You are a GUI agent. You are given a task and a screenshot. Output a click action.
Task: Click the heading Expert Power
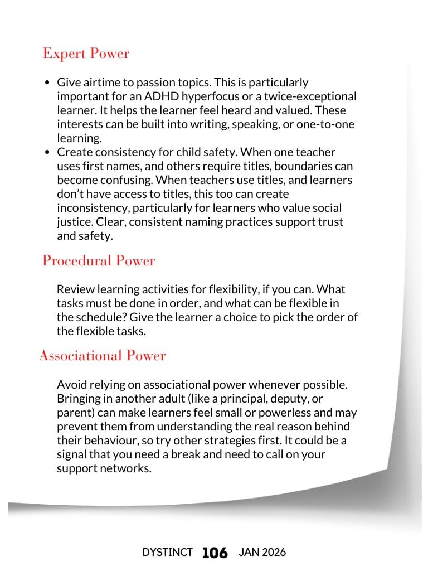tap(86, 54)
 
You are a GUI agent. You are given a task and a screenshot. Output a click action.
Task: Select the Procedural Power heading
tap(99, 261)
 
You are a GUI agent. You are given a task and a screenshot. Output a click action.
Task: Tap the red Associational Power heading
tap(103, 356)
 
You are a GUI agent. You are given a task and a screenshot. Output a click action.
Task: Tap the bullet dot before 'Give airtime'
tap(47, 83)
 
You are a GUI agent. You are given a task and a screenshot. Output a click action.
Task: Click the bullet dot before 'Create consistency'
tap(47, 152)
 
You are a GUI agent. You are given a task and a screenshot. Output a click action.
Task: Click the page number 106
tap(215, 553)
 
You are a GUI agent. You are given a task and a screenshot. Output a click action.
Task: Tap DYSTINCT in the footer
tap(168, 553)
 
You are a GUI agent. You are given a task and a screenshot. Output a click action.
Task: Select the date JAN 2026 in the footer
tap(262, 553)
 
